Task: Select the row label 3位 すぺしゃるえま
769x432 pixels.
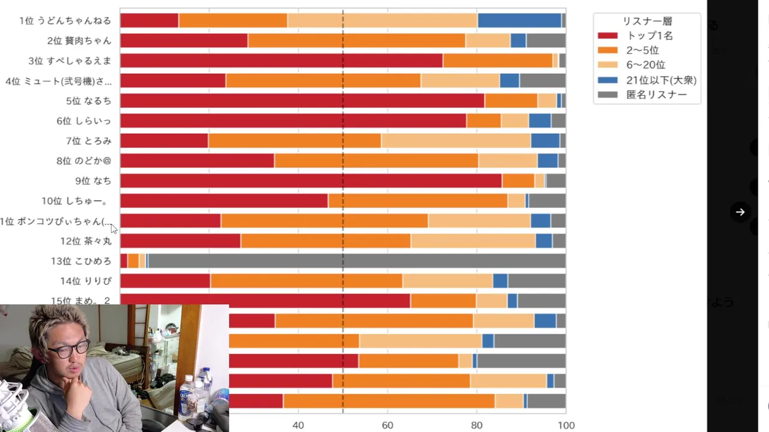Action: pos(70,61)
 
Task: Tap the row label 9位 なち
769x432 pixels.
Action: pos(93,181)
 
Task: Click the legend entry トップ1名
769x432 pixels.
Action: pos(649,35)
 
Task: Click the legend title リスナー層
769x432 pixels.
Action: pos(647,21)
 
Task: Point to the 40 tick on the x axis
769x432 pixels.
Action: pos(298,425)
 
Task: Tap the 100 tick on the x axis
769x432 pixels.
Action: pos(566,425)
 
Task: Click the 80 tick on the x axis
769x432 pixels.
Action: pos(477,425)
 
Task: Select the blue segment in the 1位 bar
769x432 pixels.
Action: pos(519,20)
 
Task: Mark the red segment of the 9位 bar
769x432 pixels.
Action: pos(311,181)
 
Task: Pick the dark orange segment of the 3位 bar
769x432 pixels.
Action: pos(497,61)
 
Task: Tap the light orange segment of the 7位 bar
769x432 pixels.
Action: pos(455,140)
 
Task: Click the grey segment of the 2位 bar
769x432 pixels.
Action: pos(546,41)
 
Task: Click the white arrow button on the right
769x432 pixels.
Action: pos(740,212)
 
